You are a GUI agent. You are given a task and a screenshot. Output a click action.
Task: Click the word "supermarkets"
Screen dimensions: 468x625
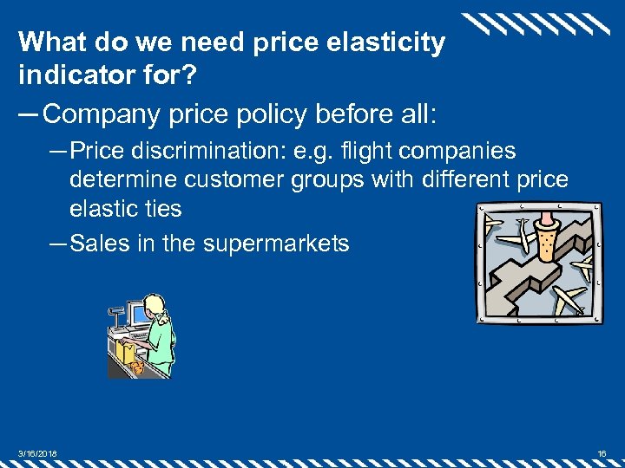[x=276, y=244]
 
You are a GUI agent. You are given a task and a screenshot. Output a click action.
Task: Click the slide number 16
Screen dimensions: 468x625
[x=602, y=452]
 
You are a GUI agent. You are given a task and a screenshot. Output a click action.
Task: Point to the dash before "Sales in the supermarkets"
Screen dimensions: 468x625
[x=58, y=244]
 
